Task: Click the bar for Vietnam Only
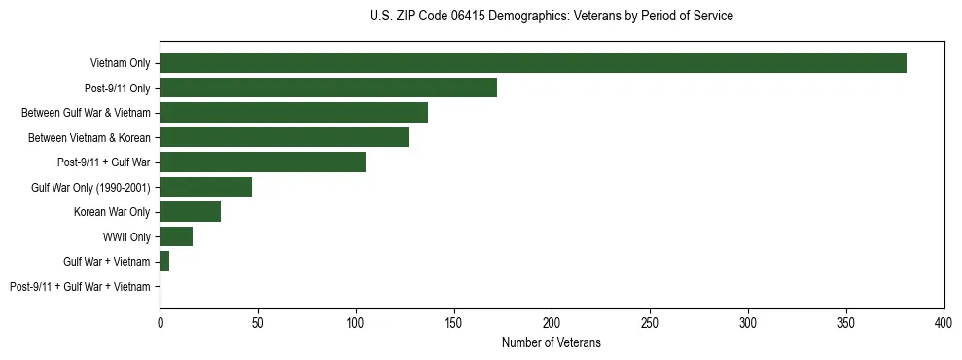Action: (533, 63)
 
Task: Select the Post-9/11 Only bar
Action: (329, 88)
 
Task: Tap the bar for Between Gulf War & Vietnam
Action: (294, 113)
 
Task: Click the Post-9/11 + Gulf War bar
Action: (263, 162)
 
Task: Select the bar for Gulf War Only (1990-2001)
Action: (206, 187)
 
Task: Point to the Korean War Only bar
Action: (191, 212)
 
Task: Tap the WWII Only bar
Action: (176, 236)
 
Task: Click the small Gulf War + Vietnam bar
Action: (164, 262)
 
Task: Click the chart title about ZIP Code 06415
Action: (552, 17)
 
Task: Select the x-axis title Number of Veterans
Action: (552, 342)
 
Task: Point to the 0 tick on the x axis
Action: (160, 322)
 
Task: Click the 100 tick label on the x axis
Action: (356, 322)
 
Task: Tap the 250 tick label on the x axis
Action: (650, 322)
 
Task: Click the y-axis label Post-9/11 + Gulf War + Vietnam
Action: (80, 287)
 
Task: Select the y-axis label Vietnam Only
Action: (120, 63)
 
